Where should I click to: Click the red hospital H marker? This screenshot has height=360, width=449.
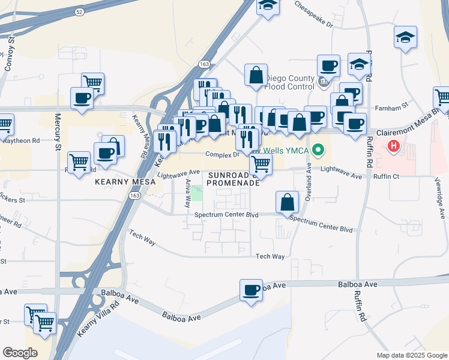click(394, 145)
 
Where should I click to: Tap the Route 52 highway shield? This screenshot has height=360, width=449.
click(79, 11)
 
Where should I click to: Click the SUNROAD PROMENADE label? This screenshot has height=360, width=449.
click(234, 178)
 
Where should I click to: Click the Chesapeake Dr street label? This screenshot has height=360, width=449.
click(313, 14)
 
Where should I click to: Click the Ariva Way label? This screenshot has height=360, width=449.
click(188, 189)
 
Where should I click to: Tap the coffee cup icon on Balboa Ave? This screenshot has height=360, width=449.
click(251, 290)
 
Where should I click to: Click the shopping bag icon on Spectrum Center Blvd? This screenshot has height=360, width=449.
click(288, 202)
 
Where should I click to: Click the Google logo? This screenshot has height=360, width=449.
click(19, 352)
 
